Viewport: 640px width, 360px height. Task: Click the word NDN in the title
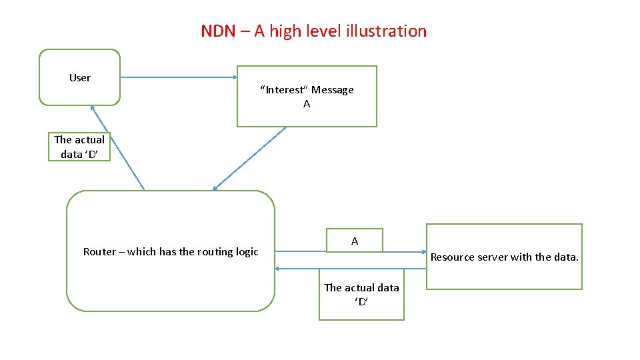[x=218, y=31]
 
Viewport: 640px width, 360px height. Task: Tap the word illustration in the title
[x=386, y=31]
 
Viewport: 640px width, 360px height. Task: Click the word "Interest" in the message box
[x=285, y=90]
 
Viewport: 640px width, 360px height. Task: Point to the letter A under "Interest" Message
[x=307, y=104]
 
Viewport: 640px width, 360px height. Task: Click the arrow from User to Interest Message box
[x=179, y=77]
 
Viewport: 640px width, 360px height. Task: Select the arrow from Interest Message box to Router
[x=249, y=158]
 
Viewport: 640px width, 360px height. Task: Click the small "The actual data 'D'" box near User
[x=79, y=147]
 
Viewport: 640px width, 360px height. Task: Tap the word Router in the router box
[x=99, y=251]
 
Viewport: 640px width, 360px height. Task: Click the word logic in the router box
[x=247, y=251]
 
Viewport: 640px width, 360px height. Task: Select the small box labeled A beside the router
[x=355, y=241]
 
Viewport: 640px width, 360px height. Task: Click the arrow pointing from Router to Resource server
[x=300, y=251]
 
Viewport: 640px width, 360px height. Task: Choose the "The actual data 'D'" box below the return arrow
[x=361, y=294]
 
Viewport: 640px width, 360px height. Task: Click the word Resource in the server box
[x=452, y=257]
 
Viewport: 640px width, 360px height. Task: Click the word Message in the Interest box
[x=333, y=90]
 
